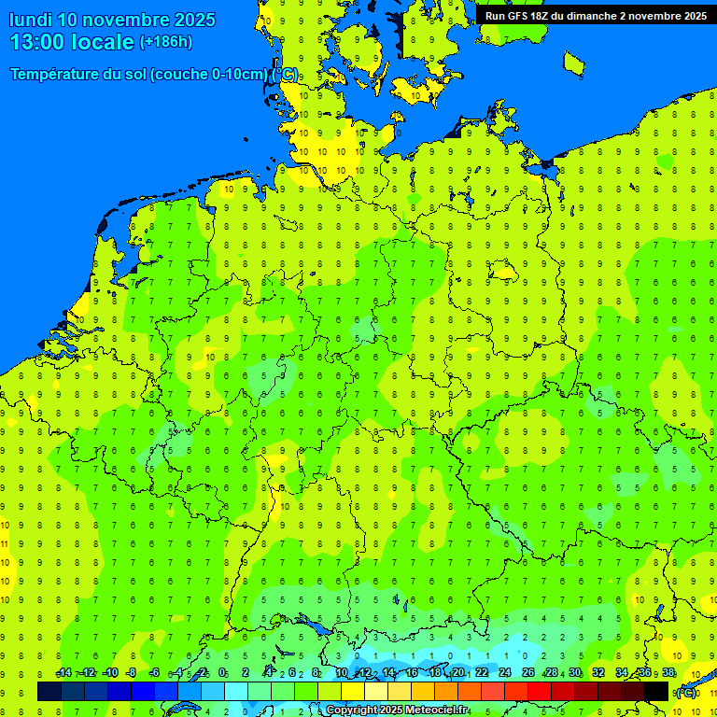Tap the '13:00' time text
tap(37, 42)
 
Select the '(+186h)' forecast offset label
tap(165, 42)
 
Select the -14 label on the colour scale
tap(63, 673)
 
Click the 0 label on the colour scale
tap(222, 673)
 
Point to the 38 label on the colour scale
tap(668, 673)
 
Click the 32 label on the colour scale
tap(598, 673)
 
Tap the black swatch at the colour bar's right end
tap(656, 691)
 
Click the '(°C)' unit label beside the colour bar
tap(686, 693)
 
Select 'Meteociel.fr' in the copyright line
tap(434, 710)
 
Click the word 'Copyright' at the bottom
tap(351, 710)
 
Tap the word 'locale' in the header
tap(105, 42)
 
